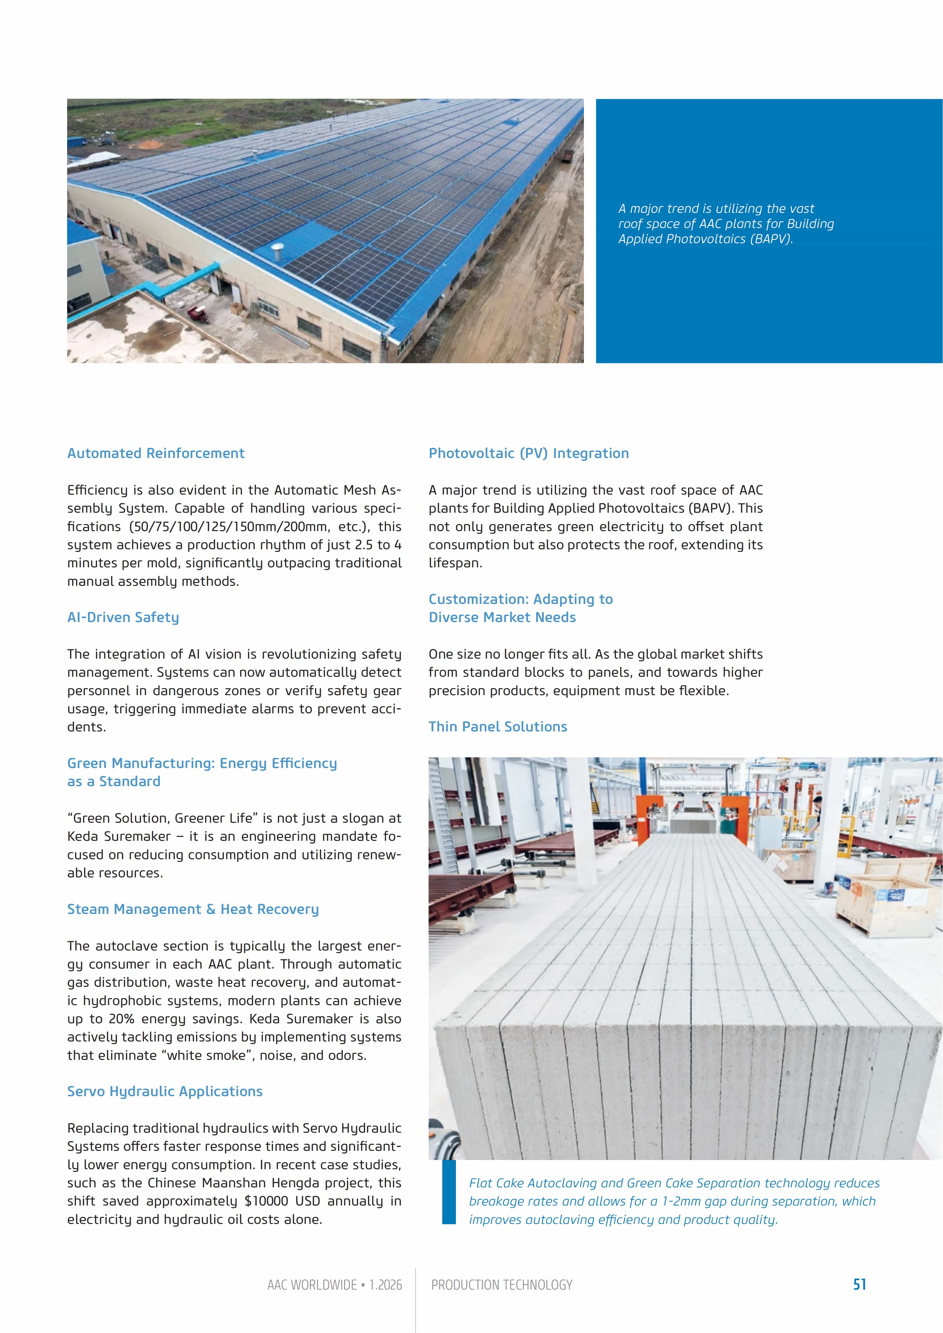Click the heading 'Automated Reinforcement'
[x=156, y=453]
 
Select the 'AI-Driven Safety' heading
[x=123, y=617]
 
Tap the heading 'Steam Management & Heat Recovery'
[x=193, y=909]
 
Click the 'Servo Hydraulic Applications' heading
[x=165, y=1091]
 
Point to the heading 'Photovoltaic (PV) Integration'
[x=528, y=453]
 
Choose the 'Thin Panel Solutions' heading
[x=497, y=726]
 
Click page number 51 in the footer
[x=859, y=1284]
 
